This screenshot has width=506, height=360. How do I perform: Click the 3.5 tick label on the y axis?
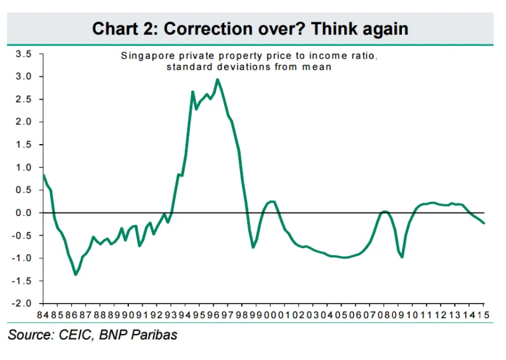23,54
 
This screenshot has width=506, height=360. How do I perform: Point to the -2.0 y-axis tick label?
22,303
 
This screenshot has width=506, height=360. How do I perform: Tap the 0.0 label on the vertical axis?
23,213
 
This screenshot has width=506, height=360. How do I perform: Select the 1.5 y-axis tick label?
23,145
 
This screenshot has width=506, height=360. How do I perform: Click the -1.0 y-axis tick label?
22,258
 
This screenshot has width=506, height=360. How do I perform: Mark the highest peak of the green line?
218,79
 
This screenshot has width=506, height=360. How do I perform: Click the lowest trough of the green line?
76,274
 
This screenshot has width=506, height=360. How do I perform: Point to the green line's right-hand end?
484,223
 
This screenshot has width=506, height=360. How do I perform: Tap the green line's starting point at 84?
44,175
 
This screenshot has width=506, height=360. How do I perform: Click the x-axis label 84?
43,315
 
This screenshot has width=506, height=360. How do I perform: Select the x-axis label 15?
483,315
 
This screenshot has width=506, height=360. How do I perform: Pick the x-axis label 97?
227,315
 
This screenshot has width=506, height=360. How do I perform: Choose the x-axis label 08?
383,315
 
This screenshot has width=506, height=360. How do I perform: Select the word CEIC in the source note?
75,335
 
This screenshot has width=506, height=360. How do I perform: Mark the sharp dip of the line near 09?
402,257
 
